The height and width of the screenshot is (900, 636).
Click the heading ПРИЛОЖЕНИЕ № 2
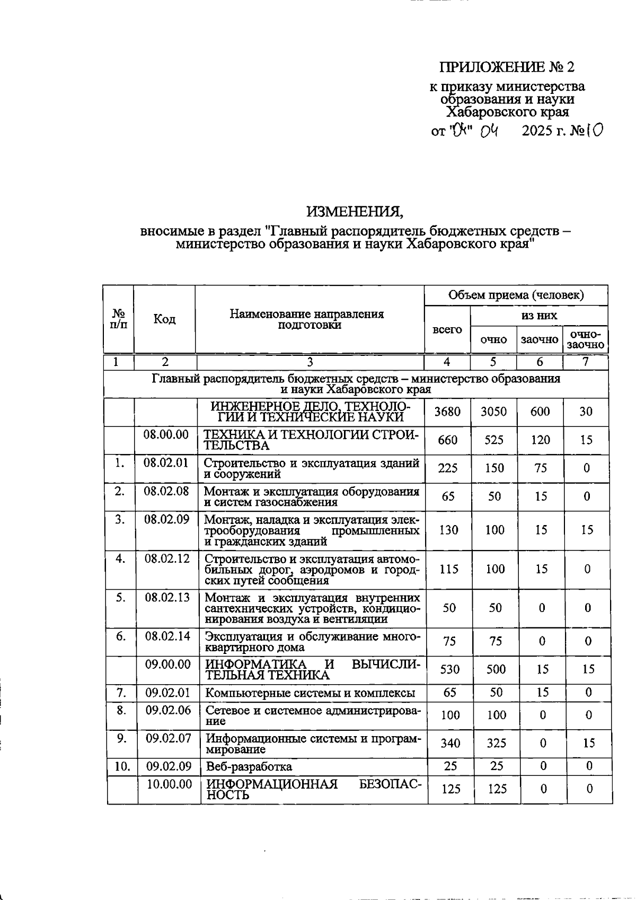506,67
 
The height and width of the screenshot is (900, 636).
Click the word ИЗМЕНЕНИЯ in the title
355,212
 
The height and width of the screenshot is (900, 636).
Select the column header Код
164,319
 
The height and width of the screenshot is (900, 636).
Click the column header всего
447,330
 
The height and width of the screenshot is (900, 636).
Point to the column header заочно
539,339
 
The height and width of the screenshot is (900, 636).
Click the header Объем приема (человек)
516,295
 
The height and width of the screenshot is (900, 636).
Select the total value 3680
447,412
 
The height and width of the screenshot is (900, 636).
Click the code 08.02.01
166,462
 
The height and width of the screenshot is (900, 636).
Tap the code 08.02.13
167,597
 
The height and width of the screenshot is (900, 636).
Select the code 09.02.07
169,737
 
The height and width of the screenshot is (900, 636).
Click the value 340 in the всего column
450,743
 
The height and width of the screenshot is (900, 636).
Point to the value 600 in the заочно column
540,412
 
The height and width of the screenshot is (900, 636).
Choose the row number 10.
122,766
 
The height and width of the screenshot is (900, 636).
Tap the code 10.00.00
169,784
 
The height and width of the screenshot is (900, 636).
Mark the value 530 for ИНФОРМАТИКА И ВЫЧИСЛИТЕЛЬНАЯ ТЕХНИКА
450,669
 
